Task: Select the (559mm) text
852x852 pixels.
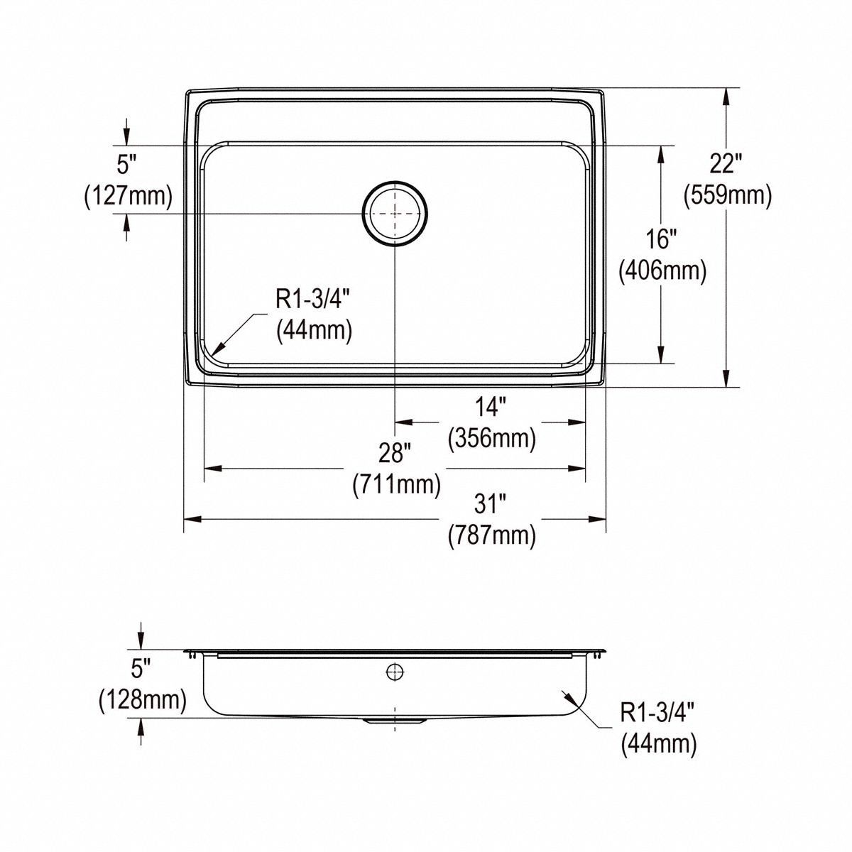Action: tap(727, 195)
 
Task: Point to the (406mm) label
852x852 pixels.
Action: tap(662, 271)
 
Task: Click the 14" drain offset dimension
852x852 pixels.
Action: tap(491, 408)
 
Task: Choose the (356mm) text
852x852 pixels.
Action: tap(491, 438)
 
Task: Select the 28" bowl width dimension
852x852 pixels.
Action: tap(396, 453)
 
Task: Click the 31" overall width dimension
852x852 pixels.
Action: tap(491, 504)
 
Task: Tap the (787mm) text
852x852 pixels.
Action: tap(491, 535)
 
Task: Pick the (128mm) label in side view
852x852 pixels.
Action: tap(142, 700)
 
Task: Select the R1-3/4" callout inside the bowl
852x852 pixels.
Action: tap(313, 300)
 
